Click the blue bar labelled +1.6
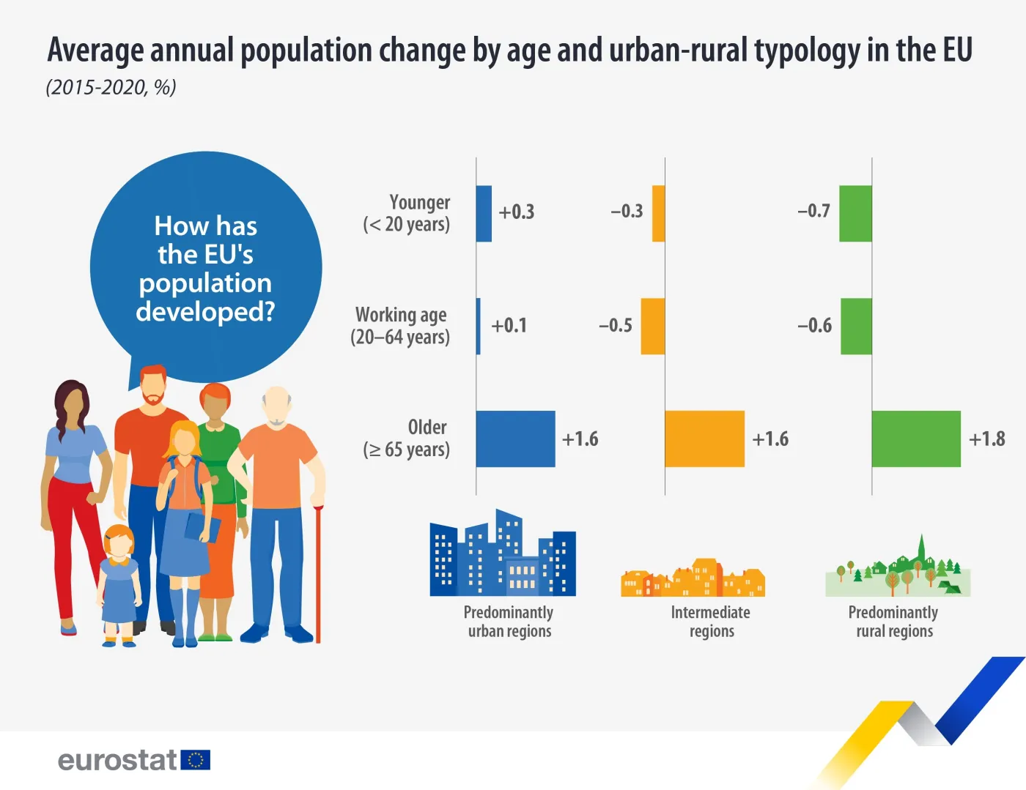[x=515, y=439]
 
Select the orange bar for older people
[x=704, y=439]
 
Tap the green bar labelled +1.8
[x=916, y=439]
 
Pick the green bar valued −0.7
[x=855, y=213]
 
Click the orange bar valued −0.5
[x=653, y=326]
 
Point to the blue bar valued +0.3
[x=484, y=213]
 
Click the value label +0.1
[x=509, y=326]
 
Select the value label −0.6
[x=814, y=326]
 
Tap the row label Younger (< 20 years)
[x=407, y=213]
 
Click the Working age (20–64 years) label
[x=401, y=326]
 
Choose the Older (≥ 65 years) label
[x=407, y=439]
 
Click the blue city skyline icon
[x=503, y=554]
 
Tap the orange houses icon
[x=693, y=578]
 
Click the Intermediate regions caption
[x=711, y=622]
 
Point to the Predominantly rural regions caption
[x=894, y=622]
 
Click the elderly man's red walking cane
[x=318, y=575]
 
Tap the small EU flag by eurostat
[x=196, y=760]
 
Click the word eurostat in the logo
[x=117, y=760]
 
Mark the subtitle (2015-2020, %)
[x=111, y=87]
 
